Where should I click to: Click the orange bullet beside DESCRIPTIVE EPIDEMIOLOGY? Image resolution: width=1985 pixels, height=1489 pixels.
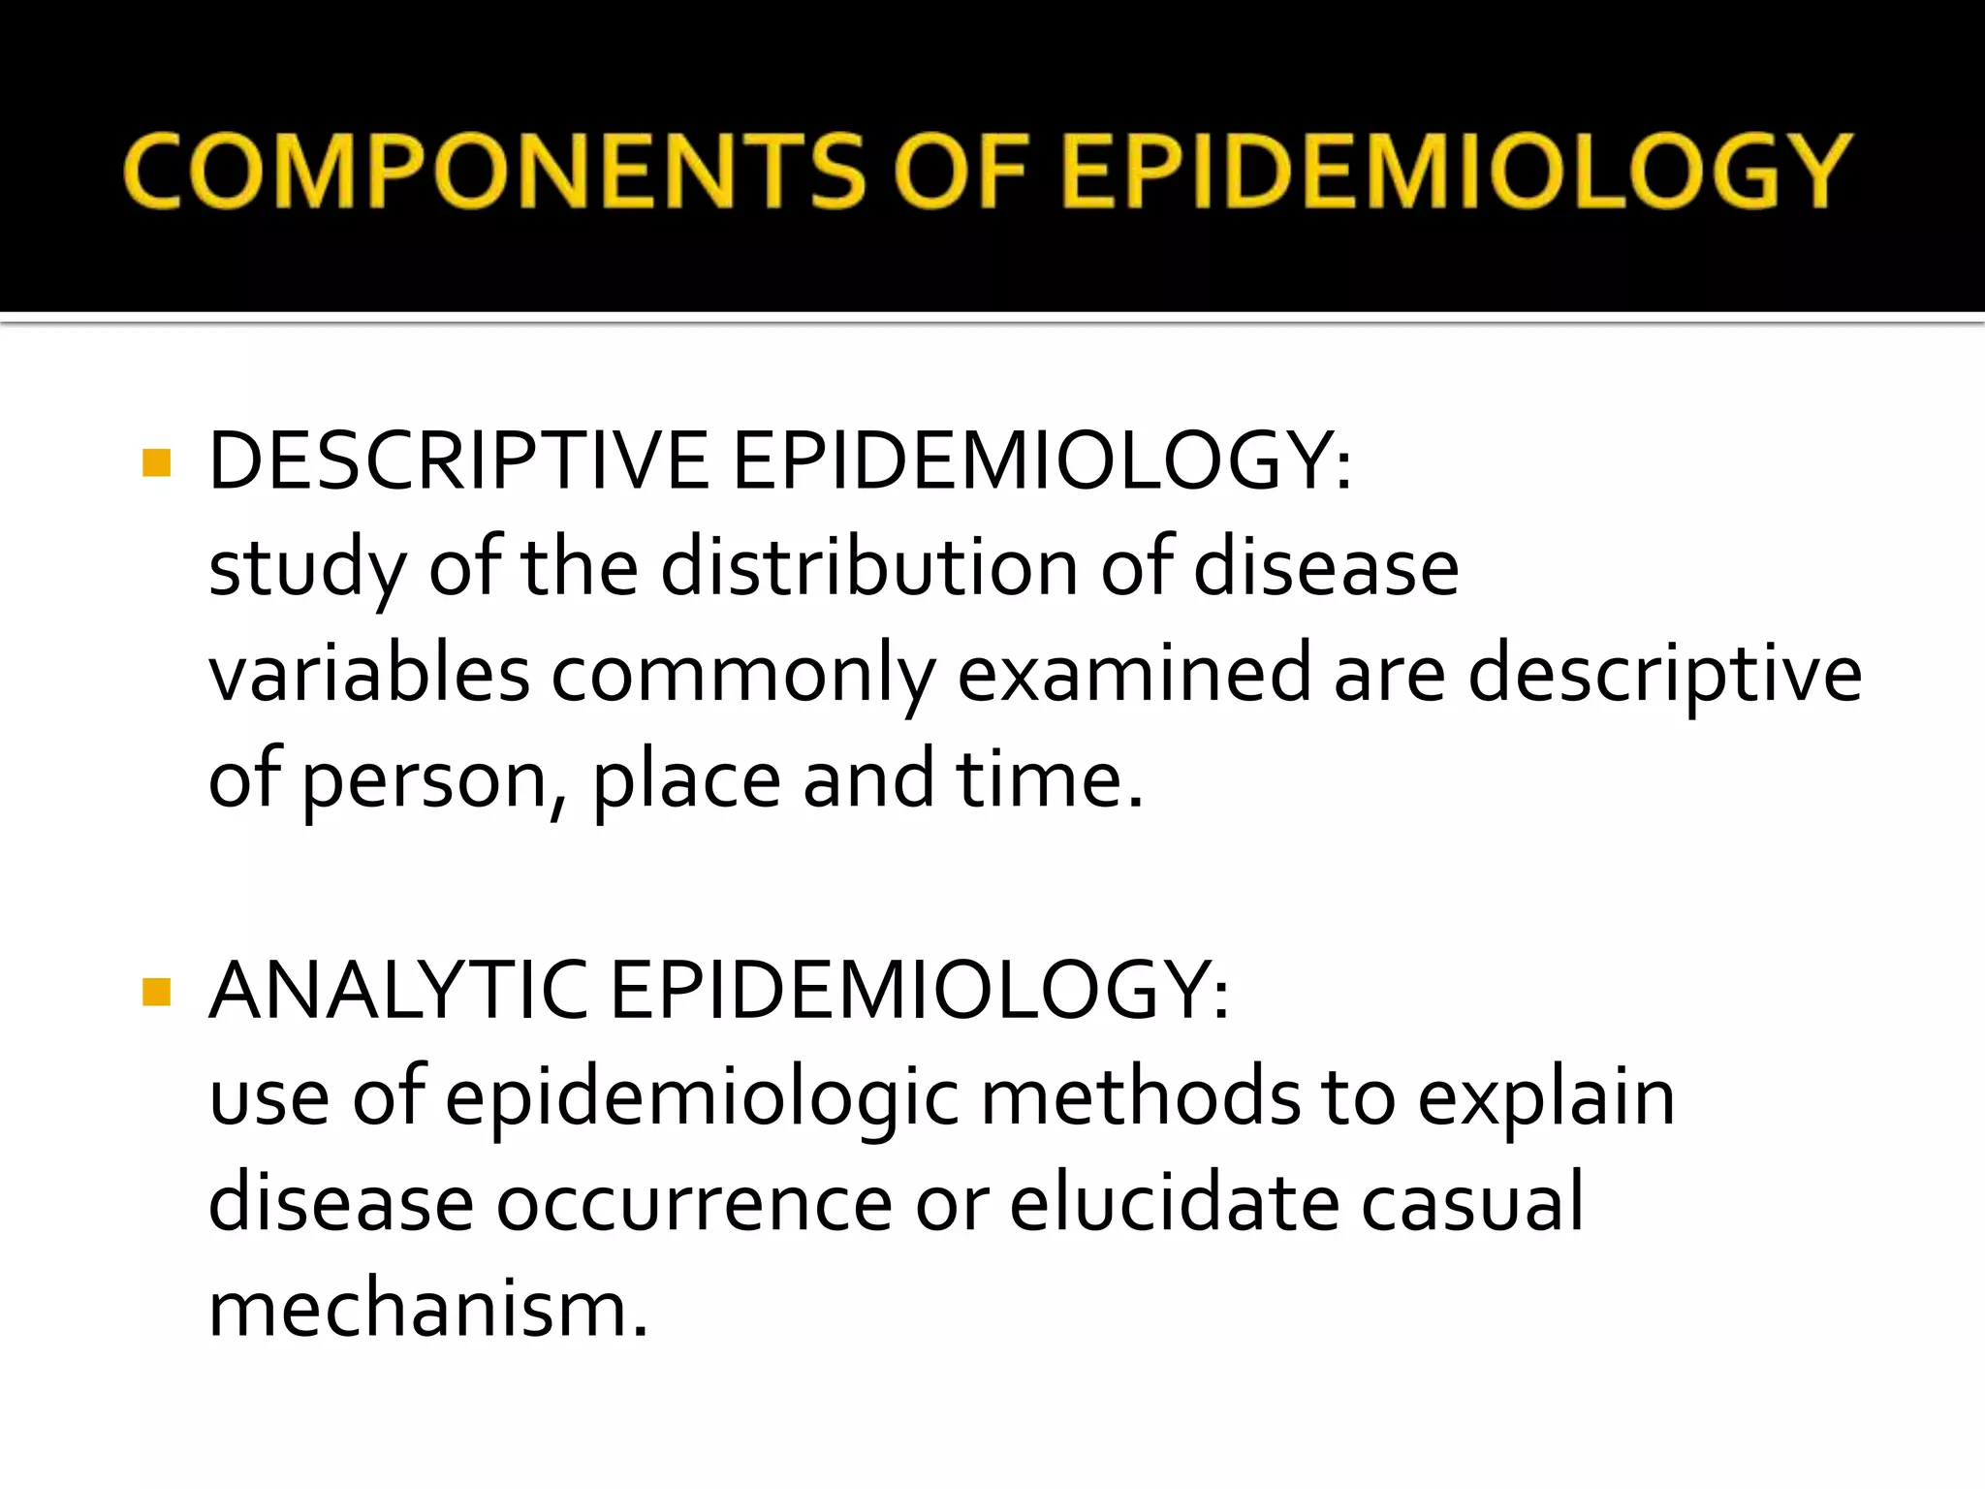click(x=156, y=462)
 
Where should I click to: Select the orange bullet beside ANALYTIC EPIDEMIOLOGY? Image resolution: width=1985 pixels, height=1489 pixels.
click(x=156, y=992)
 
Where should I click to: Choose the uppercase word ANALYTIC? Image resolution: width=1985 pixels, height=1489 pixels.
click(x=397, y=991)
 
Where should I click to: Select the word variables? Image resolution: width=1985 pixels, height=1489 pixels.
click(x=369, y=673)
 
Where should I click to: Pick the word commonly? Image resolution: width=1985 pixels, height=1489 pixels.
click(x=743, y=675)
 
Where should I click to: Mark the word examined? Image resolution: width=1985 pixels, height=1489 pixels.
click(x=1134, y=673)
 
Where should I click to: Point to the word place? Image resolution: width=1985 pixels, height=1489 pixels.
click(x=686, y=779)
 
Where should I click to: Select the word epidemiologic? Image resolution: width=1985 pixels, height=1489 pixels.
click(x=702, y=1099)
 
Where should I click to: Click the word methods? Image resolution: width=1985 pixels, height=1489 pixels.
click(x=1140, y=1097)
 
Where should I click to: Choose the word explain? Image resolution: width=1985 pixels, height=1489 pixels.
click(x=1547, y=1099)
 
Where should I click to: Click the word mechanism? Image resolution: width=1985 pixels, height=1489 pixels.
click(x=427, y=1310)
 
